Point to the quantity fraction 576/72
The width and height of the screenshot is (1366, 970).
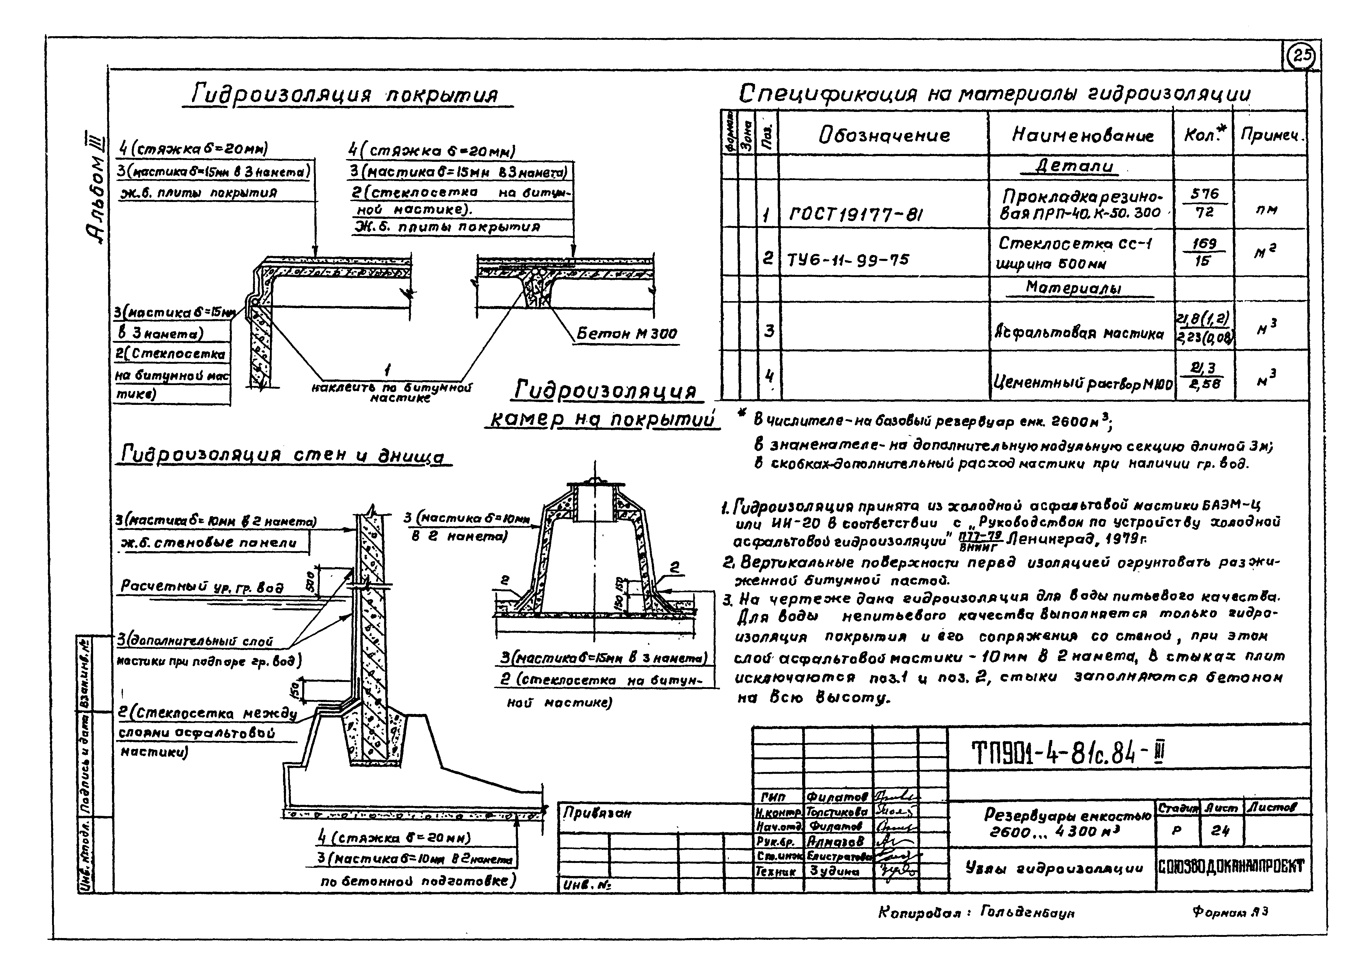pos(1204,203)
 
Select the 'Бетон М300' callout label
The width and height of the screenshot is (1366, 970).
pos(626,334)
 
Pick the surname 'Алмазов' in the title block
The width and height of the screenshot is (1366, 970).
pos(835,841)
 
